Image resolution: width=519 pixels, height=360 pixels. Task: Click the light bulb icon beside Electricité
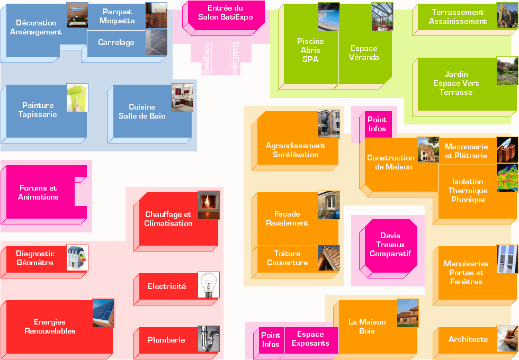tap(209, 285)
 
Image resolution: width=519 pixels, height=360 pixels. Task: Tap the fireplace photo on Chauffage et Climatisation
tap(209, 205)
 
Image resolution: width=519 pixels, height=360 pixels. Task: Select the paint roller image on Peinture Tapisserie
tap(77, 97)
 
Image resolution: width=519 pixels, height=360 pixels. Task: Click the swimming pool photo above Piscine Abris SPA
tap(329, 16)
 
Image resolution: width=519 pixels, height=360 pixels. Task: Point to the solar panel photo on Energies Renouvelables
tap(103, 313)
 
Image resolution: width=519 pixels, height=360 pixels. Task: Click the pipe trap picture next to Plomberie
tap(209, 339)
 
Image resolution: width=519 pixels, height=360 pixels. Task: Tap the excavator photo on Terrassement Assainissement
tap(507, 15)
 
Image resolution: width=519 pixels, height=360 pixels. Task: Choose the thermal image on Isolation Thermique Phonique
tap(507, 178)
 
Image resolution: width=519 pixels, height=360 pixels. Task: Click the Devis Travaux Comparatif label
tap(390, 245)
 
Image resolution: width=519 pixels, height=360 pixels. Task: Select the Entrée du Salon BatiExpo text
tap(226, 13)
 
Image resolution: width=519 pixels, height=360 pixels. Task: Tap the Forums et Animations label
tap(38, 192)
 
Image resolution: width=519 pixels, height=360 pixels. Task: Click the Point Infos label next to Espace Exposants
tap(271, 339)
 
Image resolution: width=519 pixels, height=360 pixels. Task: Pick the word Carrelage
tap(116, 42)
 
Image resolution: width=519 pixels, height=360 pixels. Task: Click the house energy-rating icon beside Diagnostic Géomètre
tap(77, 258)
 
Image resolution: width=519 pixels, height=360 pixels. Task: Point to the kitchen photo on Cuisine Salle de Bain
tap(182, 97)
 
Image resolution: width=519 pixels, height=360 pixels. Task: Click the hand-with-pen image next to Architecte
tap(507, 338)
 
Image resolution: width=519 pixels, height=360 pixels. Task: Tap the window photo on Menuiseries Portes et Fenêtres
tap(507, 259)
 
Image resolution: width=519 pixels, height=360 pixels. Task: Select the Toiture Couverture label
tap(287, 258)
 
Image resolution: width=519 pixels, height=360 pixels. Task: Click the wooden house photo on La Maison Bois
tap(407, 313)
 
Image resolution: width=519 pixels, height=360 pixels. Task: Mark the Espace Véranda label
tap(364, 52)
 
